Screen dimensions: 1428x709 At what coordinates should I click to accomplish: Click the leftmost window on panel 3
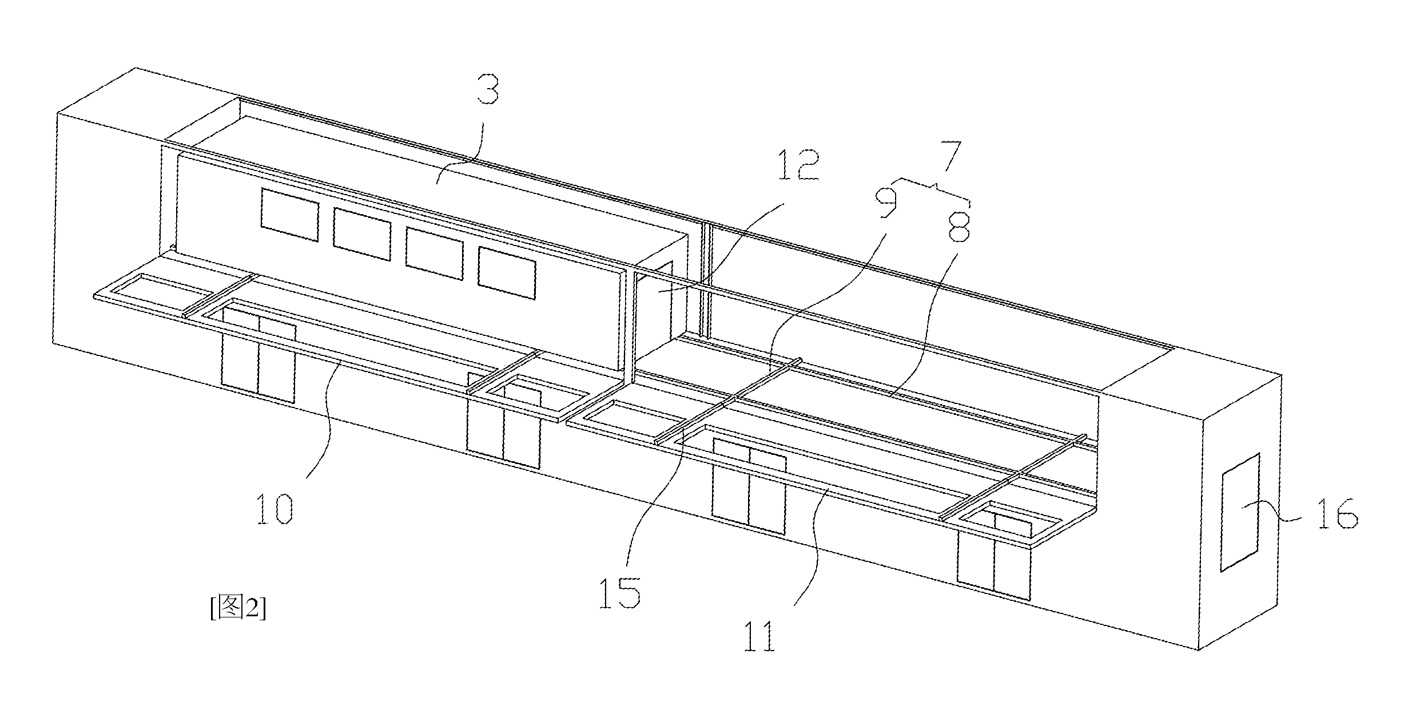(290, 215)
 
